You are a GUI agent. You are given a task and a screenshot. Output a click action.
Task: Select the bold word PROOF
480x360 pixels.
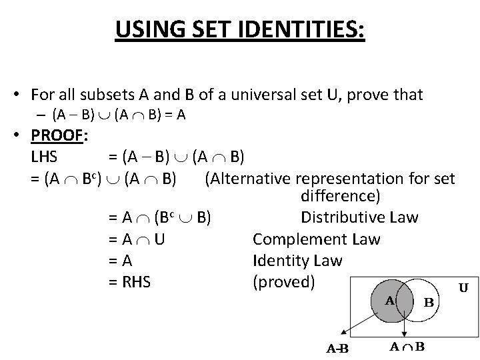click(x=55, y=136)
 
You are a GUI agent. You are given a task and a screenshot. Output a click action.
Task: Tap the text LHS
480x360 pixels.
click(x=44, y=157)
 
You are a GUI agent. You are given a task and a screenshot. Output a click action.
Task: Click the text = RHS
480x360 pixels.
click(x=129, y=281)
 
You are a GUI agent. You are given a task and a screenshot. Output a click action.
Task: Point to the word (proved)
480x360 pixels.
click(x=283, y=281)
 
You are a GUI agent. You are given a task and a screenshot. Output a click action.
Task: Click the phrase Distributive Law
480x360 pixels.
click(x=359, y=218)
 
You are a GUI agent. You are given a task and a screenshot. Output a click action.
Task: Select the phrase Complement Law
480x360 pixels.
click(x=317, y=239)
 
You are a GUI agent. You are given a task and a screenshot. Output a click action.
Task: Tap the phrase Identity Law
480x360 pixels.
click(x=297, y=261)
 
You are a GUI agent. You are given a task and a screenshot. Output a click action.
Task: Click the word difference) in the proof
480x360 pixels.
click(x=341, y=197)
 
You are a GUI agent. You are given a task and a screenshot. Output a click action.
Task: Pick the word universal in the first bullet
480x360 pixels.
click(x=272, y=95)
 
